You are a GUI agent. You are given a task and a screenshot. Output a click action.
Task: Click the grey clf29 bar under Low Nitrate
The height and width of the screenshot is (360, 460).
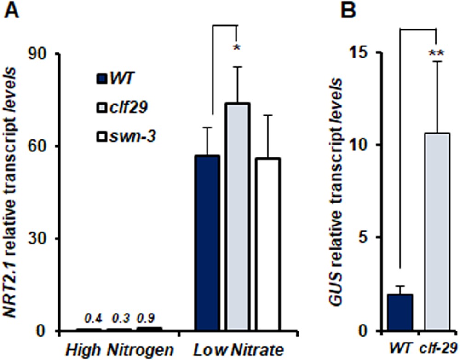[x=237, y=217]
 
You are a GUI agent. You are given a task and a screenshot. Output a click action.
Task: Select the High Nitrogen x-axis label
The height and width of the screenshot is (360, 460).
[x=119, y=349]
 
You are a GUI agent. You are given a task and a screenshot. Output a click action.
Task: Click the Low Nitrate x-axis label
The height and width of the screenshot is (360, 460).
[x=237, y=349]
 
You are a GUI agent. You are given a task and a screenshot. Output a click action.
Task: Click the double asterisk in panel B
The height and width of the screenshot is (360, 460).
[x=436, y=53]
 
